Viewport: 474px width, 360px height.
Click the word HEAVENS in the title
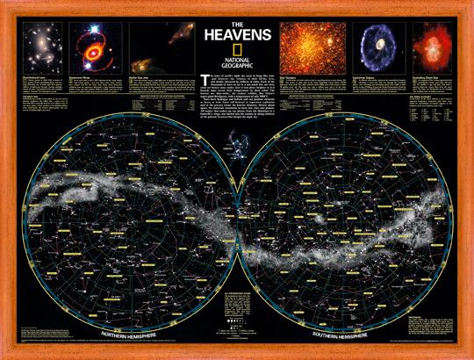pyautogui.click(x=237, y=38)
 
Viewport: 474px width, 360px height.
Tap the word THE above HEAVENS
pyautogui.click(x=237, y=23)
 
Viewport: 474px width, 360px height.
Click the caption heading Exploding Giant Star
pyautogui.click(x=420, y=79)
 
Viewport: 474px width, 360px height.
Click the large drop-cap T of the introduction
pyautogui.click(x=205, y=80)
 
